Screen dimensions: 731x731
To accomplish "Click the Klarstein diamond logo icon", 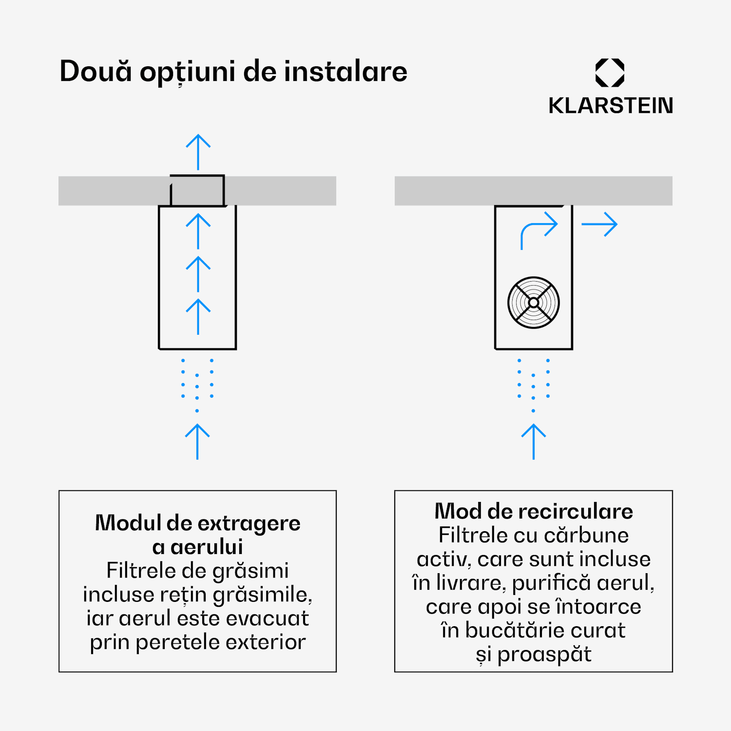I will coord(610,73).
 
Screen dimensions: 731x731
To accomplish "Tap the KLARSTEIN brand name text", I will coord(610,106).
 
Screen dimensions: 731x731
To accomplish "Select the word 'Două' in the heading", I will coord(96,72).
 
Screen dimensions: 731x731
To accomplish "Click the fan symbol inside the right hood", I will coord(534,303).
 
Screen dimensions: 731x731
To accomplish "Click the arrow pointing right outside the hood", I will coord(599,224).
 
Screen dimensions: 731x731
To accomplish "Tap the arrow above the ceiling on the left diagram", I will coord(198,152).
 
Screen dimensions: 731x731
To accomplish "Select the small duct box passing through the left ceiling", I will coord(197,191).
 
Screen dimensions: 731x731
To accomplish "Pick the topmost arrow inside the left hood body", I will coord(198,231).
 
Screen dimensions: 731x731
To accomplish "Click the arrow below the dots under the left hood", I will coord(197,442).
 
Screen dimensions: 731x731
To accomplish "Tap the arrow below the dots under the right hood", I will coord(534,442).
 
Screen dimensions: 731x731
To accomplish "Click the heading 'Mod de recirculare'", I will coord(534,511).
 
